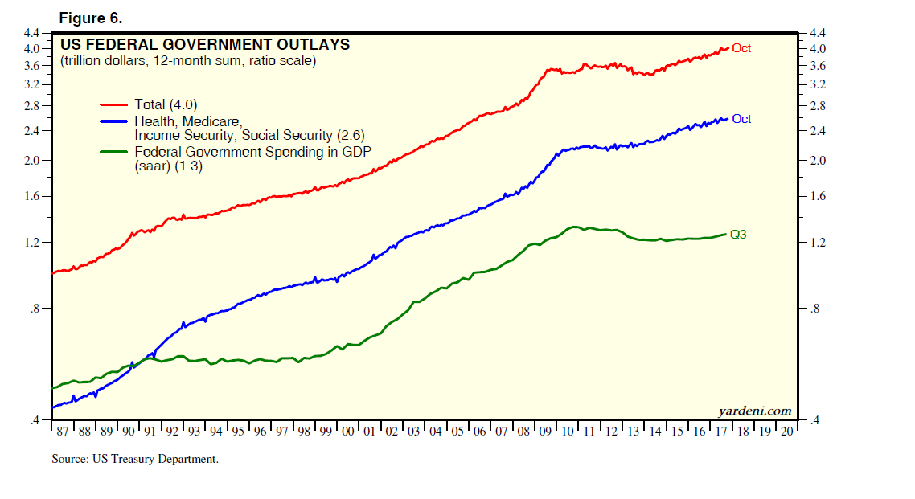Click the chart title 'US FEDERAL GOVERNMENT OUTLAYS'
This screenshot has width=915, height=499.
pos(205,45)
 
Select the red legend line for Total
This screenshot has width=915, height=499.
pos(114,104)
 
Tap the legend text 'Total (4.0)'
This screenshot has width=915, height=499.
pos(166,104)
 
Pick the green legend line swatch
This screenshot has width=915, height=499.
pos(114,151)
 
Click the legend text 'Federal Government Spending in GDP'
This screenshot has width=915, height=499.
pos(252,151)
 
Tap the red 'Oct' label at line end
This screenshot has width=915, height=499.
pos(741,48)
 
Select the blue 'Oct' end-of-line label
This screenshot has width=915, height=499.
pos(741,119)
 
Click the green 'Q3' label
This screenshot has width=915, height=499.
pos(738,235)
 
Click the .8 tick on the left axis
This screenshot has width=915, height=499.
pos(34,309)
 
